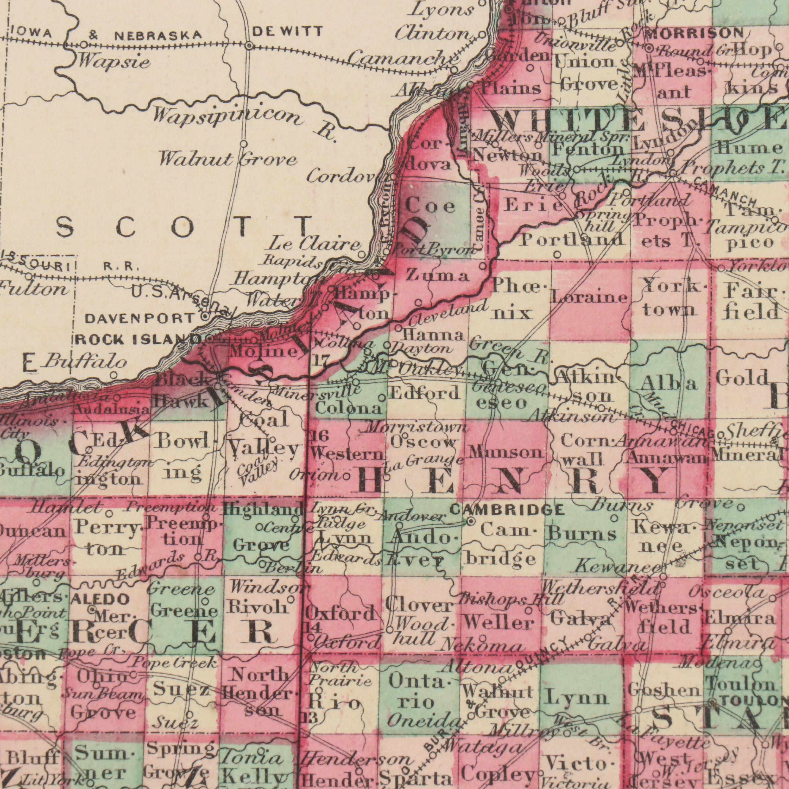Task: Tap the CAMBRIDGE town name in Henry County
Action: (x=507, y=509)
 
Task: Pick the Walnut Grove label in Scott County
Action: (x=228, y=158)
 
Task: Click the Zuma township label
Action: (x=437, y=277)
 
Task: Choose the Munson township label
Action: (x=506, y=452)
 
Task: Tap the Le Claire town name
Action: (x=314, y=245)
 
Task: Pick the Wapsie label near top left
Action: (x=109, y=62)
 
